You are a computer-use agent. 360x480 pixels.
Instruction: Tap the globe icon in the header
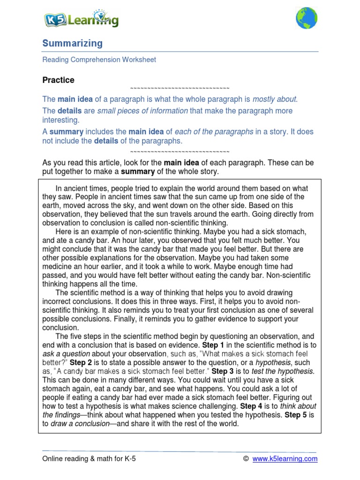tap(306, 18)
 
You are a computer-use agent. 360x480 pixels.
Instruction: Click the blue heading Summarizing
tap(72, 44)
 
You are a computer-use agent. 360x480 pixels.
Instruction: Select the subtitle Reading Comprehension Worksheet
tap(99, 60)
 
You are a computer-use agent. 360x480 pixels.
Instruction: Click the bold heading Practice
tap(58, 80)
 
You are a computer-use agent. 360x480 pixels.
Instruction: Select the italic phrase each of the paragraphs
tap(215, 132)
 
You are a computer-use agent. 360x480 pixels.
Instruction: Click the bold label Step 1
tap(213, 345)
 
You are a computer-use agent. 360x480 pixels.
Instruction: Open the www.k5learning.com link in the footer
tap(285, 459)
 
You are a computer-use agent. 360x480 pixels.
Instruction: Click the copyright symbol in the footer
tap(246, 459)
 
